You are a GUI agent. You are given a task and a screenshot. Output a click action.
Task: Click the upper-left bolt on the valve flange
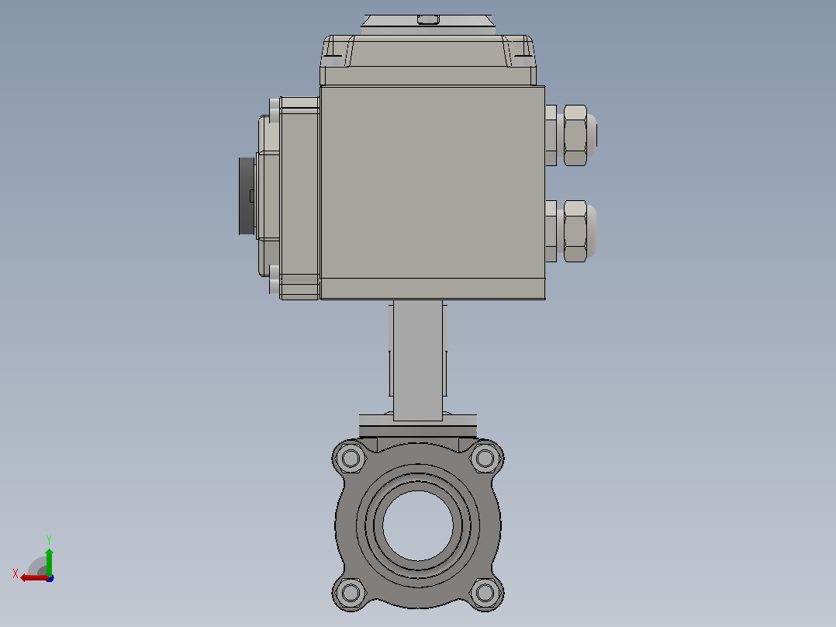tap(351, 458)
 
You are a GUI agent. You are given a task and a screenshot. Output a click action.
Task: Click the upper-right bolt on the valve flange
tap(485, 458)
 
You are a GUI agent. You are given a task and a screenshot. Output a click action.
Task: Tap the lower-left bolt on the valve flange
tap(351, 592)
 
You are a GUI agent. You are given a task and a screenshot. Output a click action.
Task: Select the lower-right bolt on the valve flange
tap(485, 592)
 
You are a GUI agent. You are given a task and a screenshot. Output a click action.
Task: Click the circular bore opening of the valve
tap(418, 525)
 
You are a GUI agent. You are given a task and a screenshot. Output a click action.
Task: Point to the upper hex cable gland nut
tap(575, 135)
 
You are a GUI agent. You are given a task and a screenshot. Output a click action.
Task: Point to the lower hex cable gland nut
tap(575, 231)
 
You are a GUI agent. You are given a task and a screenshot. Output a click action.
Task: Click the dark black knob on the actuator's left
tap(247, 196)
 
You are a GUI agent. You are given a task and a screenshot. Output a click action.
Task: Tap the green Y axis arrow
tap(49, 561)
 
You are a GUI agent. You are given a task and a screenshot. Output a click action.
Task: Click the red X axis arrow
tap(34, 578)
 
